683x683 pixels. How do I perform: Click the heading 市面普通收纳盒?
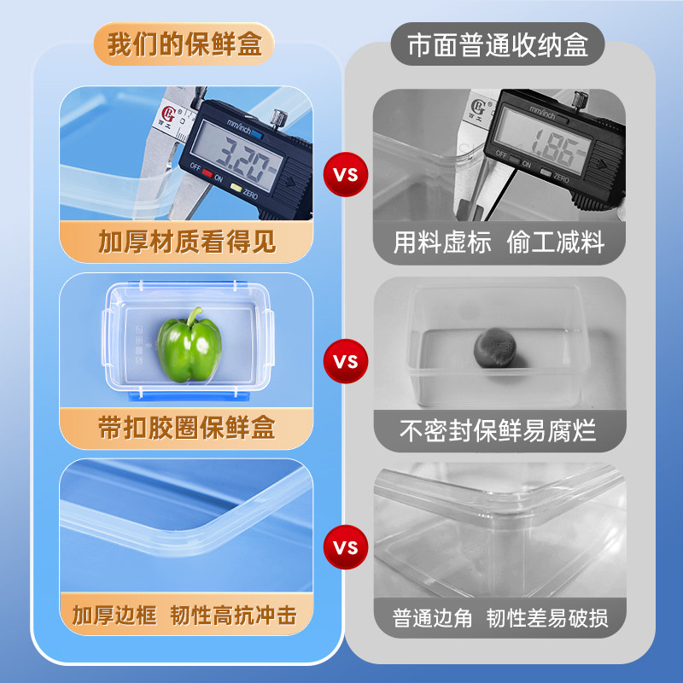click(x=498, y=44)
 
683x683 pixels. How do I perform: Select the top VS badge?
click(x=344, y=176)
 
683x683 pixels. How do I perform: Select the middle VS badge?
click(x=344, y=361)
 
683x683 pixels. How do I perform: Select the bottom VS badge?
click(x=344, y=546)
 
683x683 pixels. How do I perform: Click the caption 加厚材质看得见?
click(x=186, y=242)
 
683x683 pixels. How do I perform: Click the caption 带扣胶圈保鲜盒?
click(x=186, y=428)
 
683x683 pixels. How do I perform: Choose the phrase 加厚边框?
click(x=114, y=615)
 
